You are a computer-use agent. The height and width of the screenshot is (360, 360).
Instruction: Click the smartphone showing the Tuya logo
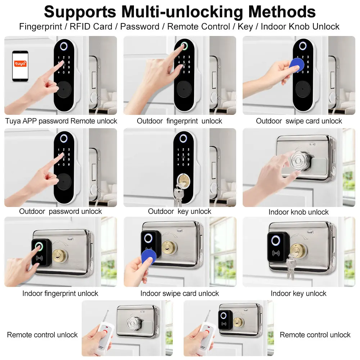[x=20, y=66]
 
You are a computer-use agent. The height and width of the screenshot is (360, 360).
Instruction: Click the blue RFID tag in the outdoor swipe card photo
[x=297, y=65]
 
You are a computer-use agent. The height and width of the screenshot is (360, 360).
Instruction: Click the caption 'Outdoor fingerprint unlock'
[x=179, y=121]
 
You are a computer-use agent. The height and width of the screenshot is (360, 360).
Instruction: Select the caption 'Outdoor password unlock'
[x=60, y=211]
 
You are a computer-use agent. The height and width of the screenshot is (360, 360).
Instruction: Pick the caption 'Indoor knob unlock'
[x=298, y=212]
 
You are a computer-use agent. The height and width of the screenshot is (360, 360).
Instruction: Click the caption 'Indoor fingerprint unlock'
[x=60, y=293]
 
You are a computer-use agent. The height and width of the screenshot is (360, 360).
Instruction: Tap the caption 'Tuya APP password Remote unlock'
[x=61, y=121]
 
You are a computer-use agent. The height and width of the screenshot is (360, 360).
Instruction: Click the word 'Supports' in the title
[x=80, y=12]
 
